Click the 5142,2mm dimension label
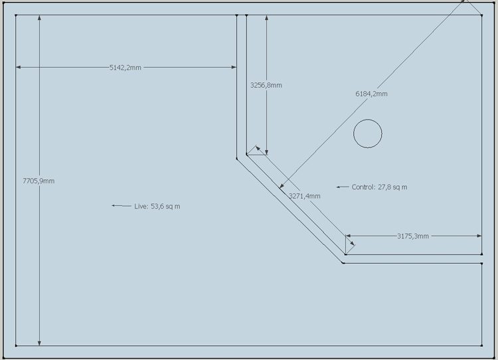coord(125,67)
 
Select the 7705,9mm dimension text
coord(39,181)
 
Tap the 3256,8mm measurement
coord(266,85)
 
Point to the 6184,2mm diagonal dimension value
coord(371,94)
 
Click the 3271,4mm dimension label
coord(304,196)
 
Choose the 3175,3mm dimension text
coord(413,236)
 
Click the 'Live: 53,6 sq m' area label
coord(157,206)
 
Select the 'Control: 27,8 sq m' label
coord(379,187)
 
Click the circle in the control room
coord(368,120)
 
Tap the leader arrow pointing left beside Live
coord(121,206)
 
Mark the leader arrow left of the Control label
coord(343,187)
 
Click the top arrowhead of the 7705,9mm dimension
coord(39,17)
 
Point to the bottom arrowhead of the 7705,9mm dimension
coord(39,343)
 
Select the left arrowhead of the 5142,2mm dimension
coord(19,67)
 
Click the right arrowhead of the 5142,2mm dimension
coord(234,67)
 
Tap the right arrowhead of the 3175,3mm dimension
coord(479,236)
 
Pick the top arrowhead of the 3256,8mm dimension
coord(266,17)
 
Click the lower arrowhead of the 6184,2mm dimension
coord(282,186)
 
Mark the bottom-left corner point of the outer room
coord(16,345)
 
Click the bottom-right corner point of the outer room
coord(482,345)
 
